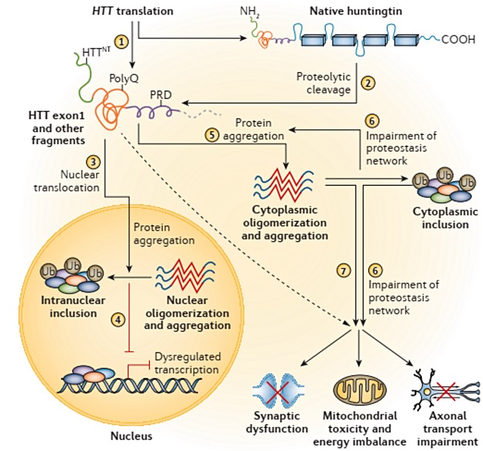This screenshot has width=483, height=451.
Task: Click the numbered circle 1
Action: [121, 42]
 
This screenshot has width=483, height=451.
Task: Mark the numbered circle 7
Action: [343, 271]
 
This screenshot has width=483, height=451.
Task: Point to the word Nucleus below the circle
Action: [131, 436]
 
